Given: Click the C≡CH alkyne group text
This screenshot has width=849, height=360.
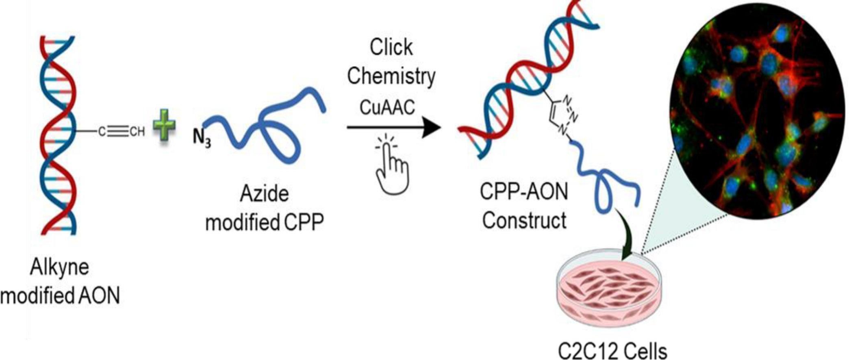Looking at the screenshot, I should (x=122, y=131).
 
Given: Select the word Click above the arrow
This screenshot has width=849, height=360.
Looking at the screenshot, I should (x=391, y=47).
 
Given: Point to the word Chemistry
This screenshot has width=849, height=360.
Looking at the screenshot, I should (x=391, y=76).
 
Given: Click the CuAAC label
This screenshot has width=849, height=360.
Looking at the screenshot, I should (x=387, y=107).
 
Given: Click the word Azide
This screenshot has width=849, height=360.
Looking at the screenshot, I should (x=264, y=193).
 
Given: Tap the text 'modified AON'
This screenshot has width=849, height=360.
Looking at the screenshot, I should (x=60, y=296).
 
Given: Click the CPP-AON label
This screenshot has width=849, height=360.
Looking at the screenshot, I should (x=524, y=191).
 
